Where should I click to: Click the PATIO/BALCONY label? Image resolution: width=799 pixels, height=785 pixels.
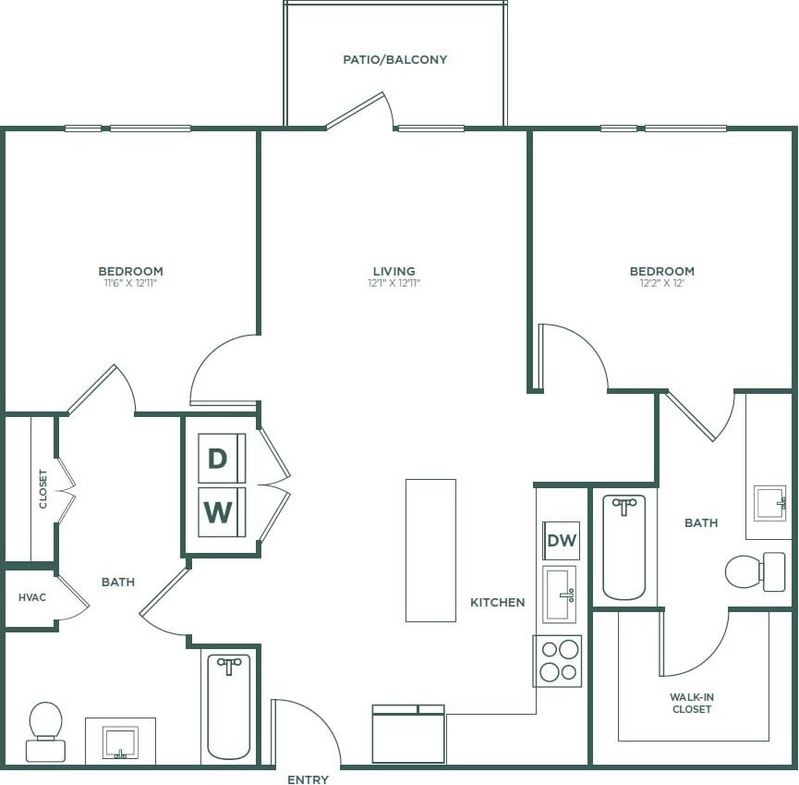[x=394, y=59]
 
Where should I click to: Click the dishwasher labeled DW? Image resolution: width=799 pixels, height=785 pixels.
[x=562, y=541]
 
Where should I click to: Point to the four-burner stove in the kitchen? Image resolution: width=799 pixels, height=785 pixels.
[x=558, y=660]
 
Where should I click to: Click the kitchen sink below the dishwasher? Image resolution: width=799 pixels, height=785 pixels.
[x=560, y=595]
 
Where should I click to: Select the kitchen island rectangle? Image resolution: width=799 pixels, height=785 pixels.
[x=430, y=550]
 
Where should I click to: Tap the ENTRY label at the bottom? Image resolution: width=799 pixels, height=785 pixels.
[x=308, y=779]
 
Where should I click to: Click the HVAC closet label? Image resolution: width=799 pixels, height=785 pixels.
[x=32, y=597]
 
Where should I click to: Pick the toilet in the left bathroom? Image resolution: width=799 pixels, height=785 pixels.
[x=45, y=730]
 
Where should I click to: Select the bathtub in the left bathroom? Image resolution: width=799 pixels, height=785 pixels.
[x=228, y=705]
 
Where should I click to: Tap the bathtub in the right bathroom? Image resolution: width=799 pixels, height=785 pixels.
[x=624, y=547]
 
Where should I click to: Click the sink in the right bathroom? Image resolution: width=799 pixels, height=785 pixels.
[x=769, y=503]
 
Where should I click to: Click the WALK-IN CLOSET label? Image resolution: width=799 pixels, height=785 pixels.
[x=692, y=703]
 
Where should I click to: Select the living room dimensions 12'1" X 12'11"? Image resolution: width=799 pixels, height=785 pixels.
[x=393, y=283]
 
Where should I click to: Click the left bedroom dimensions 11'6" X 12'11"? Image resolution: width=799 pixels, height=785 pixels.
[x=130, y=283]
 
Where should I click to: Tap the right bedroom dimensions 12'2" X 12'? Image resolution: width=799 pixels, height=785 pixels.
[x=661, y=283]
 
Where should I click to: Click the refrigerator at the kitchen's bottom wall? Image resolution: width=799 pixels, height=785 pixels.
[x=408, y=735]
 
